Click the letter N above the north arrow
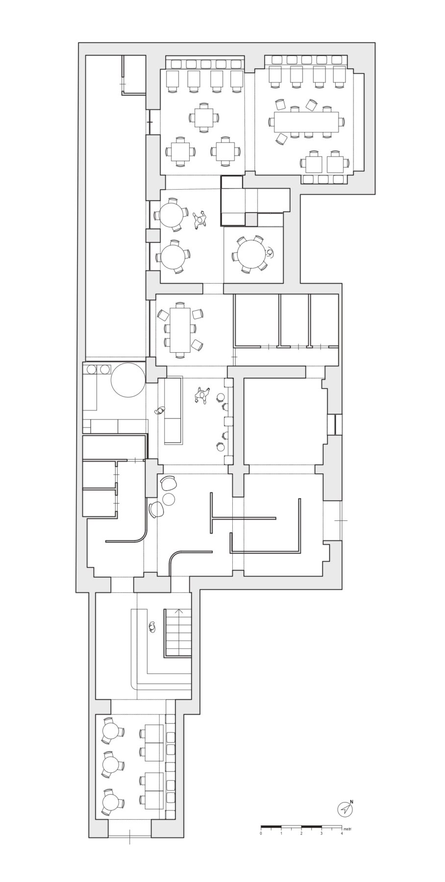coord(351,802)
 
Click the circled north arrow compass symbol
coord(345,809)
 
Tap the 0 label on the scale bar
coord(261,833)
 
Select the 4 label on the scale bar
coord(342,833)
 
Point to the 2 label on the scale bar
coord(301,833)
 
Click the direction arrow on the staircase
coord(180,612)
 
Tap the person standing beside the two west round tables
coord(199,220)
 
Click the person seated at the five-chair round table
coord(270,252)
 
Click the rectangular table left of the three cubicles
coord(180,330)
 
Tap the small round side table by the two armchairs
coord(169,499)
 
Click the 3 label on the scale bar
coord(321,833)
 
